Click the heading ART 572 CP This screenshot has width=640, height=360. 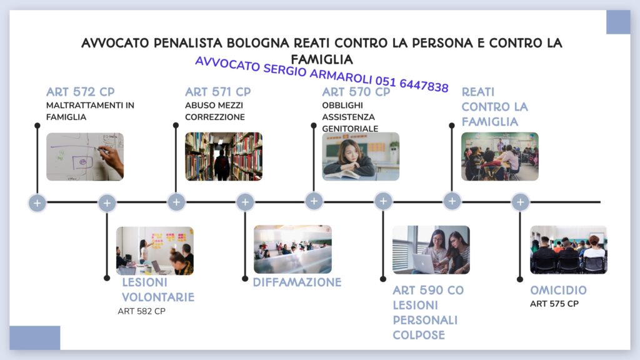tap(81, 92)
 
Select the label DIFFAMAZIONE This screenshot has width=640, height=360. tap(297, 282)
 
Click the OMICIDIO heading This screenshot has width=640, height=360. tap(558, 291)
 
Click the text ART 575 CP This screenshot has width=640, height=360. tap(554, 304)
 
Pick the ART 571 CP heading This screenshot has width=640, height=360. tap(218, 92)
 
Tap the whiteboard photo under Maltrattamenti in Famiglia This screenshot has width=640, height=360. tap(85, 156)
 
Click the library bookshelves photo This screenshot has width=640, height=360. tap(224, 156)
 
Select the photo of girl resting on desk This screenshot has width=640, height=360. tap(361, 156)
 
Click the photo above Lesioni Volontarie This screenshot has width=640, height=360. tap(155, 251)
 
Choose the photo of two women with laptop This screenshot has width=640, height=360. tap(431, 250)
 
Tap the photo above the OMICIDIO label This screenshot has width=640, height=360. tap(568, 250)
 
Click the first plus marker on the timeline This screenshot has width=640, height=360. tap(37, 202)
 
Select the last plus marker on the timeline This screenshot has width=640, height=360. tap(520, 202)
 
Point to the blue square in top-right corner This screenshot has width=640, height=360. tap(618, 22)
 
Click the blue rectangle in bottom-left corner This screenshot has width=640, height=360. tap(35, 337)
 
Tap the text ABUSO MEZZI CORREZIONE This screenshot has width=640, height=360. tap(215, 111)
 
